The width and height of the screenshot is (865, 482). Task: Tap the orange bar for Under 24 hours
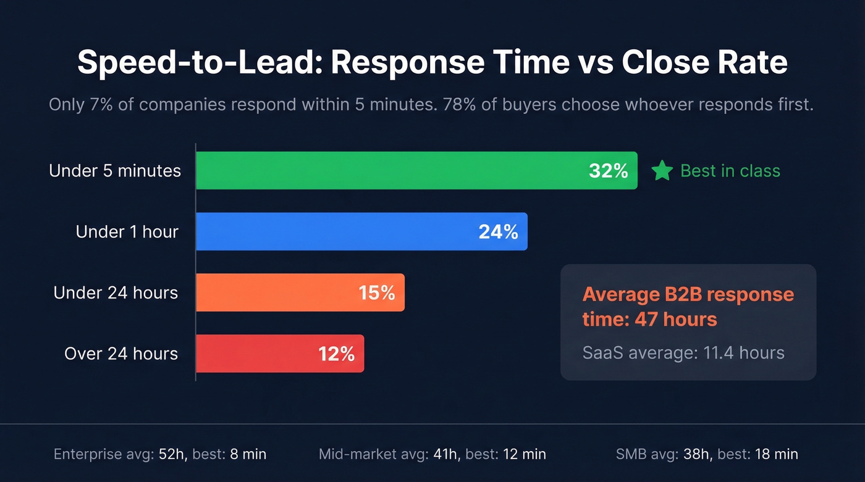coord(278,293)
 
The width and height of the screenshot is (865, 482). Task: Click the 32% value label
coord(608,171)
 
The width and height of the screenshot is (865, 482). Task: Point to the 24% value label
coord(498,232)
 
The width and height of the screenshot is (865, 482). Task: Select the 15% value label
coord(376,293)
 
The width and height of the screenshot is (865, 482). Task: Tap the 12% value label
coord(336,354)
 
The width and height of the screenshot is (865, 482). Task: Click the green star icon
coord(662,171)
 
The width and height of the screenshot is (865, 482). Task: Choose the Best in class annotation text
coord(730,171)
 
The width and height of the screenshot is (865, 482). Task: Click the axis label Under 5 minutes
coord(115,171)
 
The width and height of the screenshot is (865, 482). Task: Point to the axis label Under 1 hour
coord(127,232)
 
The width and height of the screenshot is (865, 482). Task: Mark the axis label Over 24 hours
coord(121,354)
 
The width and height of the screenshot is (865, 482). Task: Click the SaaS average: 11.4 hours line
coord(683,352)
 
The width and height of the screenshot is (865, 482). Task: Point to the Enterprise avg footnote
coord(160,455)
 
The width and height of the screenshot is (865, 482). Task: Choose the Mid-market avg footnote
coord(432,455)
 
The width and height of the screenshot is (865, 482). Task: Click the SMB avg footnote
coord(707,455)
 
